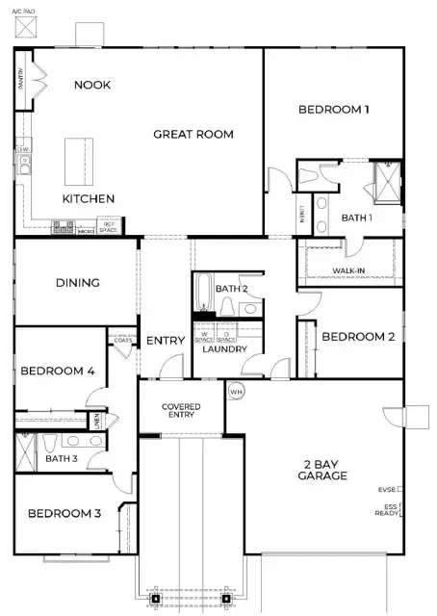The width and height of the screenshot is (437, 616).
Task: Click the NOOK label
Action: click(x=92, y=85)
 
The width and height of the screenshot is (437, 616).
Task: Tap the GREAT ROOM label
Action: click(x=193, y=135)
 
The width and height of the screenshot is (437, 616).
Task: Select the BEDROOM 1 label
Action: click(x=333, y=110)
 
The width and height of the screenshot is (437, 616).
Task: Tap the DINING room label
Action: click(x=77, y=283)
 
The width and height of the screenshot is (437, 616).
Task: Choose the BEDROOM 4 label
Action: click(x=58, y=371)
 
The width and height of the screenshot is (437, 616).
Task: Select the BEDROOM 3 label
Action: click(x=64, y=514)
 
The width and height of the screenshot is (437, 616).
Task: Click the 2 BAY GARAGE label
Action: click(x=321, y=469)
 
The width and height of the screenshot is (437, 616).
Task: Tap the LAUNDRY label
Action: click(x=225, y=349)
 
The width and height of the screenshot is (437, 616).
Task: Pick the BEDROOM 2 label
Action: click(x=358, y=337)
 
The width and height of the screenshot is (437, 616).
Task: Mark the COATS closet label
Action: click(x=122, y=340)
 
